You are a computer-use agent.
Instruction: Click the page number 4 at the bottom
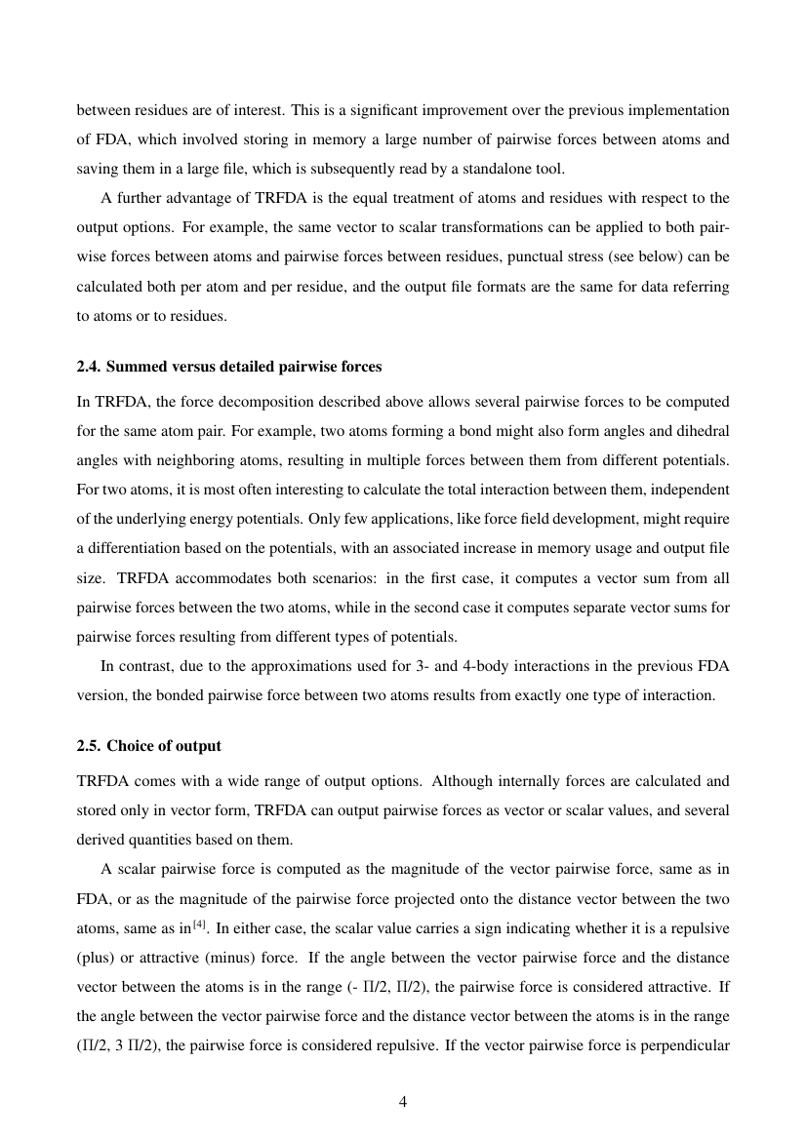point(403,1102)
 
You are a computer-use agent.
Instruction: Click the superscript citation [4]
point(198,920)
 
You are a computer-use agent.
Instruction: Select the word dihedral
point(700,429)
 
